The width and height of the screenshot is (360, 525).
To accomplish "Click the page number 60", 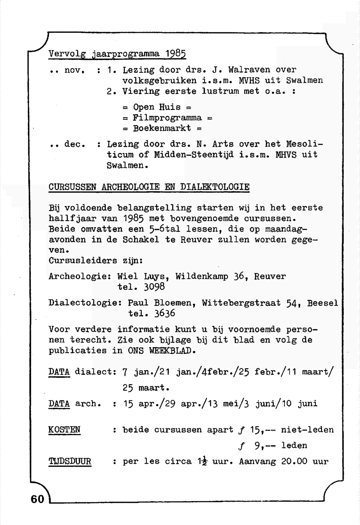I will click(37, 499).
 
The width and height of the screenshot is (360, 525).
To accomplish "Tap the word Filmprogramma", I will click(167, 118).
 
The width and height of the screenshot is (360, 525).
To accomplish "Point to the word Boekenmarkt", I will click(162, 128).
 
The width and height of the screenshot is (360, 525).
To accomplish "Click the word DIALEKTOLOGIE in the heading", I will click(215, 187).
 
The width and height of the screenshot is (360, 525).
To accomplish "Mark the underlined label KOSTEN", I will click(64, 430).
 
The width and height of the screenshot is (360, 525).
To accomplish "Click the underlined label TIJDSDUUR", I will click(69, 462).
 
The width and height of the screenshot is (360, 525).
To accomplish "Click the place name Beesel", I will click(323, 303).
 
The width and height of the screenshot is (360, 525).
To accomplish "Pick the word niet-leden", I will click(307, 430).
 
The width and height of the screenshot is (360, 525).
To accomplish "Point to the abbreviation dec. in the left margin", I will click(75, 144).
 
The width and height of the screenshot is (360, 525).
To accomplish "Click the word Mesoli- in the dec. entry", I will click(304, 144).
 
